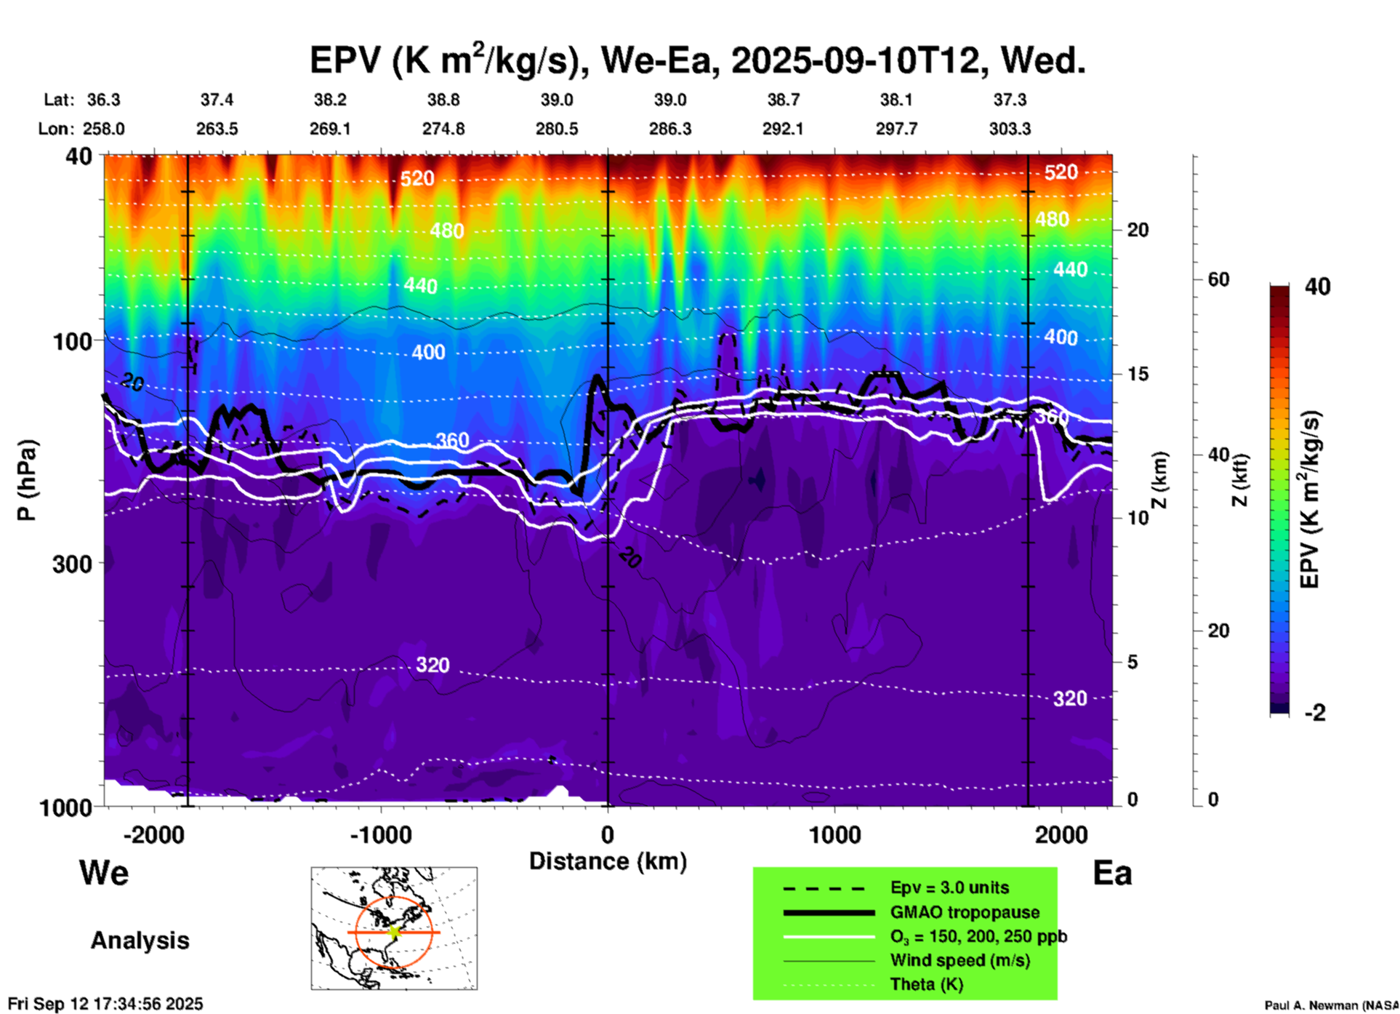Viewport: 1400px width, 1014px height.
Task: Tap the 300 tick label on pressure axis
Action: click(x=72, y=563)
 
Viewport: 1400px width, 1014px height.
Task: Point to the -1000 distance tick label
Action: click(x=381, y=834)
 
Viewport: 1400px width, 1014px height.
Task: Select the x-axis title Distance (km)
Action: click(x=608, y=861)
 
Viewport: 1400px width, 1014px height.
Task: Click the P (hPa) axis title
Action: click(x=27, y=479)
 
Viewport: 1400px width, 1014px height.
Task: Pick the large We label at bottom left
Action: click(x=104, y=873)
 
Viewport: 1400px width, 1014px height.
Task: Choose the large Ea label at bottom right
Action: click(x=1112, y=873)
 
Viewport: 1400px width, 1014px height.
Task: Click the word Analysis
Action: click(x=140, y=941)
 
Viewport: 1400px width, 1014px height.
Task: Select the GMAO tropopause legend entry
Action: click(x=965, y=912)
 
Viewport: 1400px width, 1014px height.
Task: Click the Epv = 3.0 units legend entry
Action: click(x=949, y=888)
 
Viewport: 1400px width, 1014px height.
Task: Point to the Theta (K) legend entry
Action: click(x=926, y=984)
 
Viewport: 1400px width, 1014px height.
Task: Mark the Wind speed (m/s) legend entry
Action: click(x=960, y=960)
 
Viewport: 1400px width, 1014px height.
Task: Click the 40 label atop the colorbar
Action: click(x=1317, y=287)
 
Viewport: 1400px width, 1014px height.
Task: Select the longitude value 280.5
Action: click(x=557, y=129)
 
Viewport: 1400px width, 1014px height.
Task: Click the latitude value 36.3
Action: click(x=104, y=100)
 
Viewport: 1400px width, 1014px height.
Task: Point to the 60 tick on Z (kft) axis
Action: click(x=1218, y=279)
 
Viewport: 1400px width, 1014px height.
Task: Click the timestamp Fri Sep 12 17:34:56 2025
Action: click(x=105, y=1004)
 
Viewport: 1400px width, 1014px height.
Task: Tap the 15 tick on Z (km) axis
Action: click(x=1138, y=374)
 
